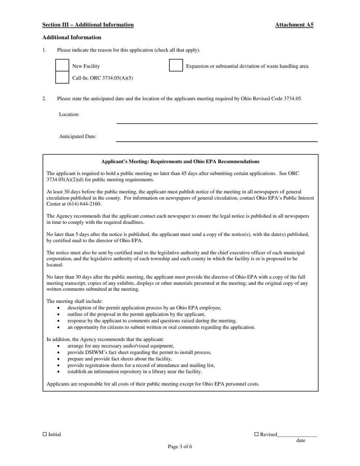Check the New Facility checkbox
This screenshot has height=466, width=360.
pyautogui.click(x=63, y=66)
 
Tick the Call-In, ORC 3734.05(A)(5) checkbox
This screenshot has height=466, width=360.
pyautogui.click(x=63, y=78)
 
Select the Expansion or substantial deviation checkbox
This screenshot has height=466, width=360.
pyautogui.click(x=176, y=66)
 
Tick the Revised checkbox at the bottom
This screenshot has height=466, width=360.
pyautogui.click(x=256, y=434)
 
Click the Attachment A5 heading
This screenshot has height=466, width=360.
pyautogui.click(x=294, y=25)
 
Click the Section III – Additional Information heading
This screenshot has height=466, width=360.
pyautogui.click(x=88, y=25)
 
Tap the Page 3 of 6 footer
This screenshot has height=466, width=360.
pyautogui.click(x=180, y=446)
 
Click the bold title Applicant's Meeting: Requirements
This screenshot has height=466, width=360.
pyautogui.click(x=180, y=161)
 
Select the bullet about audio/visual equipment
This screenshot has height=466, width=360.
pyautogui.click(x=121, y=346)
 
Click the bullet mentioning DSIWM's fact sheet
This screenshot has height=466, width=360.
pyautogui.click(x=139, y=352)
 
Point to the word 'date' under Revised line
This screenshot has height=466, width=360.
pyautogui.click(x=301, y=440)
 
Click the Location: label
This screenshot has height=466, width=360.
pyautogui.click(x=69, y=114)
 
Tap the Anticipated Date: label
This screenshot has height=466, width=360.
pyautogui.click(x=78, y=136)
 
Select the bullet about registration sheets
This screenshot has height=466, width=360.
pyautogui.click(x=141, y=365)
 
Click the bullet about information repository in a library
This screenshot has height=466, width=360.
pyautogui.click(x=135, y=372)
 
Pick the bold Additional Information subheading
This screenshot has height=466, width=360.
pyautogui.click(x=72, y=38)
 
